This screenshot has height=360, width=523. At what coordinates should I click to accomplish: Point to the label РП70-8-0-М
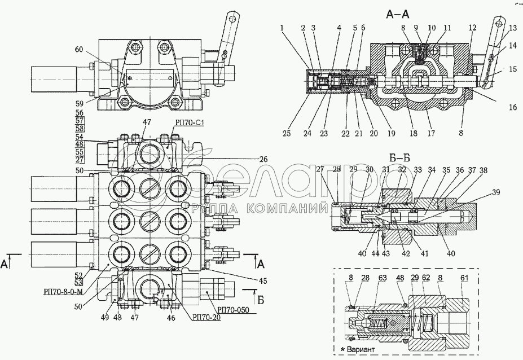[62, 292]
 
